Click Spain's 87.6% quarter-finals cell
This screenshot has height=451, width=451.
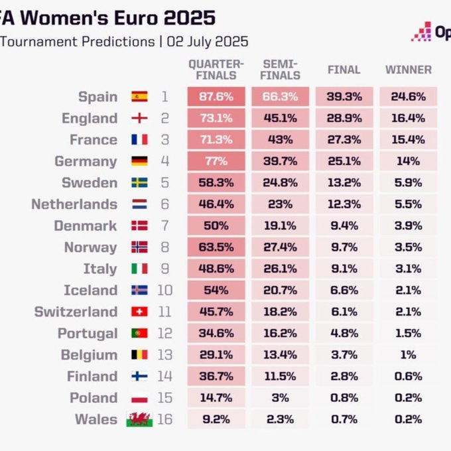pyautogui.click(x=216, y=97)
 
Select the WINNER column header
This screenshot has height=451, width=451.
pyautogui.click(x=409, y=70)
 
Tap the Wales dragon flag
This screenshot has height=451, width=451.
pyautogui.click(x=139, y=419)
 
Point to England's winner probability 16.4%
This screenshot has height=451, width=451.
pyautogui.click(x=409, y=118)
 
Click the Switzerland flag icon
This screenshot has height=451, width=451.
pyautogui.click(x=139, y=312)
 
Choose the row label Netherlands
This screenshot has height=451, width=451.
pyautogui.click(x=74, y=204)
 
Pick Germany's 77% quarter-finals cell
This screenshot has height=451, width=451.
pyautogui.click(x=216, y=161)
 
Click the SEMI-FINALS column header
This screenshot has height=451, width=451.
pyautogui.click(x=280, y=70)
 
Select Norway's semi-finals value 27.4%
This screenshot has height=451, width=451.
pyautogui.click(x=280, y=247)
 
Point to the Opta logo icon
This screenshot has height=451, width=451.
pyautogui.click(x=421, y=31)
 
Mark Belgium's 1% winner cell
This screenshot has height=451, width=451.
pyautogui.click(x=409, y=355)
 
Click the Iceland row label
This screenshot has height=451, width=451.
pyautogui.click(x=90, y=290)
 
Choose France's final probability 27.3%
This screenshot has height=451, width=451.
pyautogui.click(x=344, y=140)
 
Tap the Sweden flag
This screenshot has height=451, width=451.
pyautogui.click(x=139, y=183)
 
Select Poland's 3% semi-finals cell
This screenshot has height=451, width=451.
pyautogui.click(x=280, y=398)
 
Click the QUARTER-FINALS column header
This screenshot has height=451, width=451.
pyautogui.click(x=216, y=70)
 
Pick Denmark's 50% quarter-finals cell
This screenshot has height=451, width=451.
pyautogui.click(x=216, y=225)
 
